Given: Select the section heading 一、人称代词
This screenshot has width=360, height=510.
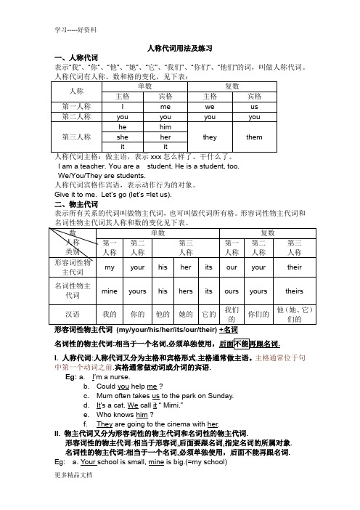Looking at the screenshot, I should click(x=71, y=57).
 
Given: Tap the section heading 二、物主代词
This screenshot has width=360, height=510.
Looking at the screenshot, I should click(x=71, y=205).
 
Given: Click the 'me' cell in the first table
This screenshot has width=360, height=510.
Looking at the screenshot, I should click(x=165, y=105).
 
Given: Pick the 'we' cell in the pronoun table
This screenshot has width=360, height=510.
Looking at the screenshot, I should click(x=209, y=105).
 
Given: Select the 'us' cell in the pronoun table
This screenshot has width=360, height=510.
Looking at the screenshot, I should click(x=254, y=105).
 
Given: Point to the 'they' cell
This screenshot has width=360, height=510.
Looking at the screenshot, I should click(x=209, y=136).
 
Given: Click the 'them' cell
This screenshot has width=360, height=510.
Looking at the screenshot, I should click(x=254, y=136).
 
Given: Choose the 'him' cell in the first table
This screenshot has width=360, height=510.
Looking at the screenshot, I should click(x=165, y=126).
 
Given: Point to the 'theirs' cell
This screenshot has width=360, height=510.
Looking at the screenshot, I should click(x=295, y=291).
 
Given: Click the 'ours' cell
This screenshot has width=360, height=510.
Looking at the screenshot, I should click(x=233, y=291).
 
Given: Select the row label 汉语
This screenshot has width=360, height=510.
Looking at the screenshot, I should click(x=73, y=315).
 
